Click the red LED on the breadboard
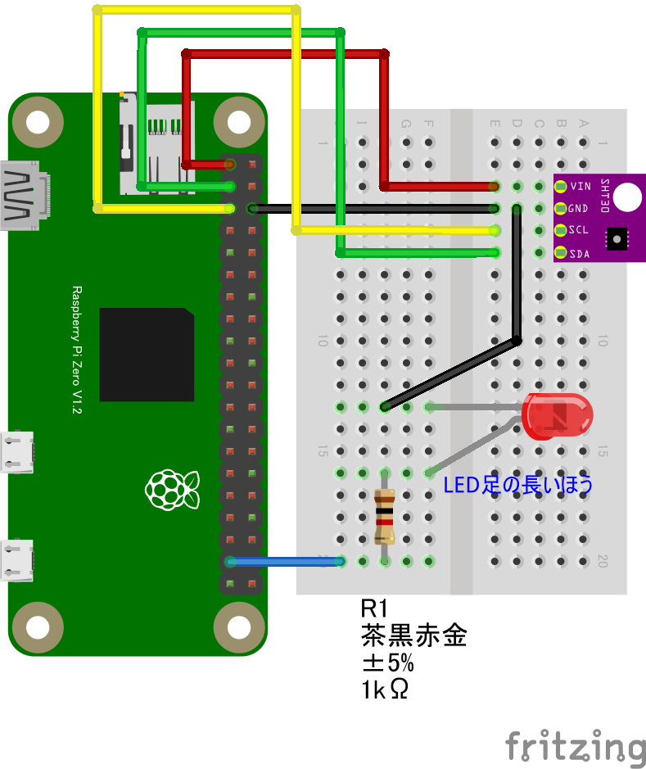pos(558,415)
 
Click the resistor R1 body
pos(384,516)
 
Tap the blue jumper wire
pos(287,561)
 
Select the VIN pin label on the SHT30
pos(580,187)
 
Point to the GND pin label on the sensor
pos(579,208)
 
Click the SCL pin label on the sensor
pos(579,230)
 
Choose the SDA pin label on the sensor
pos(579,252)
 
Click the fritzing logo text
pos(574,746)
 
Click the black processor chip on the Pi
pos(147,355)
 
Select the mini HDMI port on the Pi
pos(22,196)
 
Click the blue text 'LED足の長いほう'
pos(517,485)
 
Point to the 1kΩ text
pos(384,690)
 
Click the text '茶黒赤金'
pos(413,636)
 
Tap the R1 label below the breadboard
pos(373,608)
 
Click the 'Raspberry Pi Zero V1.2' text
pos(77,350)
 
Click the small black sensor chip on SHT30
pos(616,237)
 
